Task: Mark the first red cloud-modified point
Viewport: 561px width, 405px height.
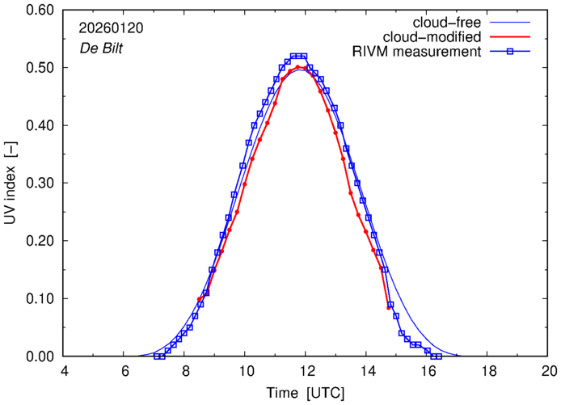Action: click(x=200, y=299)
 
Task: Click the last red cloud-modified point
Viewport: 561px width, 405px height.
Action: click(x=389, y=308)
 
